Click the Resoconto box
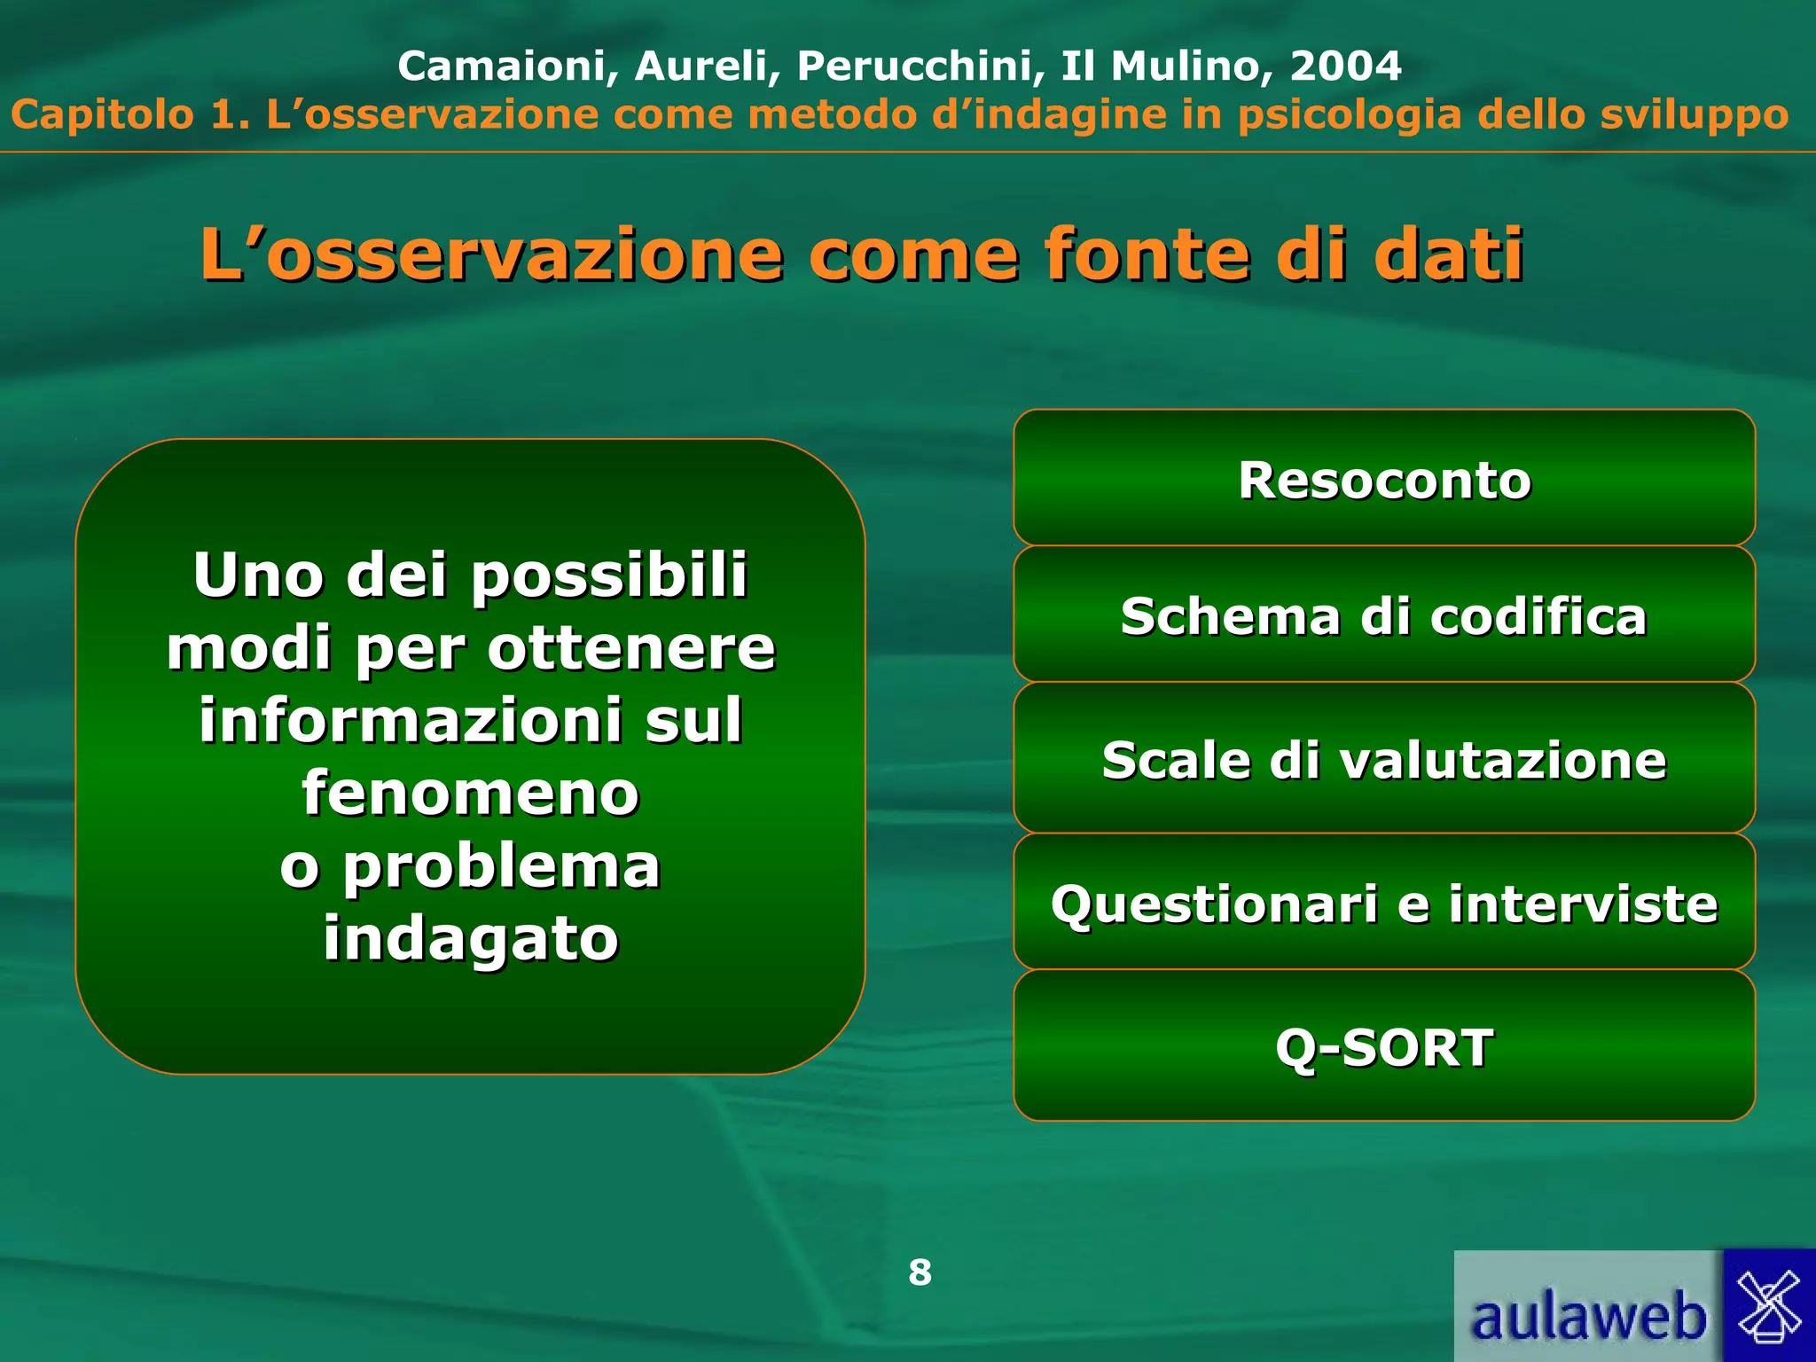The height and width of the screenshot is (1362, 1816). pyautogui.click(x=1384, y=479)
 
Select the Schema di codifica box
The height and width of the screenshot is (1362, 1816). pyautogui.click(x=1384, y=615)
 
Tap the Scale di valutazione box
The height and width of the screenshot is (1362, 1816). pyautogui.click(x=1384, y=759)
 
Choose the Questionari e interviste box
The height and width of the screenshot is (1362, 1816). pyautogui.click(x=1384, y=903)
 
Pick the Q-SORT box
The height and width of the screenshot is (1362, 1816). pyautogui.click(x=1384, y=1046)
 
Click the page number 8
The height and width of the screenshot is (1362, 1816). pyautogui.click(x=920, y=1272)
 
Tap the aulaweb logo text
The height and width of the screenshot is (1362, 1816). pyautogui.click(x=1587, y=1316)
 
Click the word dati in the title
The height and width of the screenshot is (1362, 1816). pyautogui.click(x=1448, y=254)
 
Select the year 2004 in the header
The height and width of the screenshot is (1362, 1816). pyautogui.click(x=1345, y=66)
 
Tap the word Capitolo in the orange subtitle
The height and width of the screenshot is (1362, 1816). pyautogui.click(x=102, y=115)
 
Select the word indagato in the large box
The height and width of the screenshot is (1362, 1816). pyautogui.click(x=471, y=937)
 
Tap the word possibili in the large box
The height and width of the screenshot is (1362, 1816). pyautogui.click(x=609, y=575)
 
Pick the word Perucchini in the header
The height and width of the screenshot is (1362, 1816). pyautogui.click(x=920, y=66)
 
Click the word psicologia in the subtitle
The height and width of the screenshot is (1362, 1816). pyautogui.click(x=1349, y=115)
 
